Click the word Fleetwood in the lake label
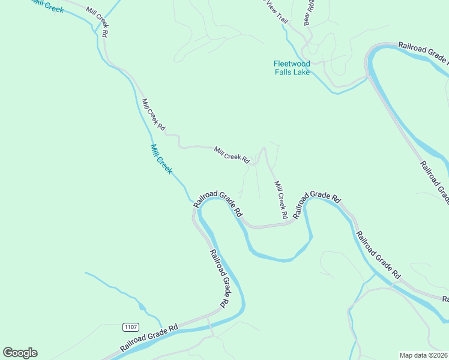292,64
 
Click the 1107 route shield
130,327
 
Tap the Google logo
20,353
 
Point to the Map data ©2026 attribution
423,355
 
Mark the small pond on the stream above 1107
142,307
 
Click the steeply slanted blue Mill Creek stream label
161,159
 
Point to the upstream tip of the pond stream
85,272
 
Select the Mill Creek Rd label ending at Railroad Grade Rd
280,199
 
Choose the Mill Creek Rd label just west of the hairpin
232,155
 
